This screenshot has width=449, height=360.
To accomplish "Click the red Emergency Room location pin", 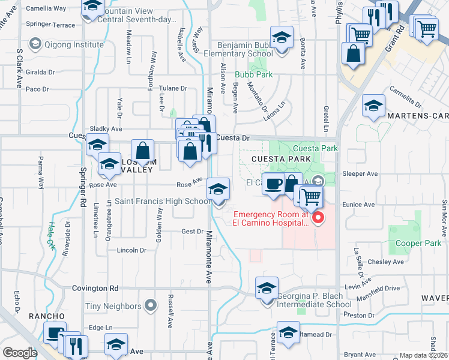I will click(x=319, y=218).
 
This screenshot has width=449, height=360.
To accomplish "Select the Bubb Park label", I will click(x=253, y=75).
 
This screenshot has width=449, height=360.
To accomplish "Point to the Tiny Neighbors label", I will click(x=113, y=307).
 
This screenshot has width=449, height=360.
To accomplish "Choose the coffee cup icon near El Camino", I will click(x=274, y=184).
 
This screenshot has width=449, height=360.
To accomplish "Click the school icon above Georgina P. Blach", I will click(x=267, y=288).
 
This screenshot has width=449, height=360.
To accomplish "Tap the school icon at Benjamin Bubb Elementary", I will click(x=282, y=38).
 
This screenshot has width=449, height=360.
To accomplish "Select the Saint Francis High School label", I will click(x=162, y=202).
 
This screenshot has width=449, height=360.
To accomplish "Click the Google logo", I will click(x=20, y=353).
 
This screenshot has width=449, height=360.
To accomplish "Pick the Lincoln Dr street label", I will click(x=131, y=250).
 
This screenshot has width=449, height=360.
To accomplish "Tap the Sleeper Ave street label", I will click(x=360, y=173).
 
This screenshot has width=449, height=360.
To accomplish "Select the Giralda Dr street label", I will click(x=40, y=72).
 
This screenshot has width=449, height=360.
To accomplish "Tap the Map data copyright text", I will click(x=423, y=355).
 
